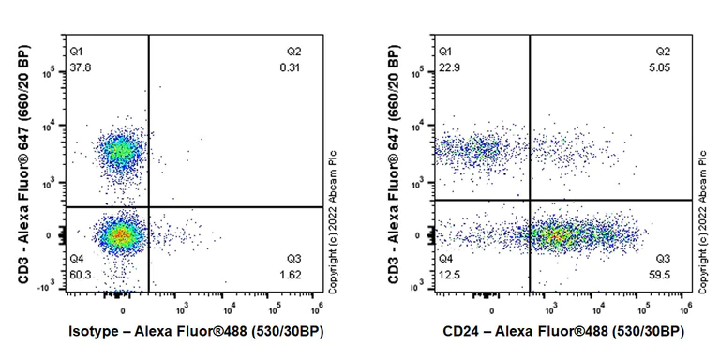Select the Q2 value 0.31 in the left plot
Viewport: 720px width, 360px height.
(289, 67)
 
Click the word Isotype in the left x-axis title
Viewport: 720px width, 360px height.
(96, 332)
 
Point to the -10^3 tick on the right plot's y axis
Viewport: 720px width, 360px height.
(426, 287)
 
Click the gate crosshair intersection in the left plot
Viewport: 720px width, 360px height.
(149, 207)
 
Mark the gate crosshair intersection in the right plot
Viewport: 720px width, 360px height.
(530, 200)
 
